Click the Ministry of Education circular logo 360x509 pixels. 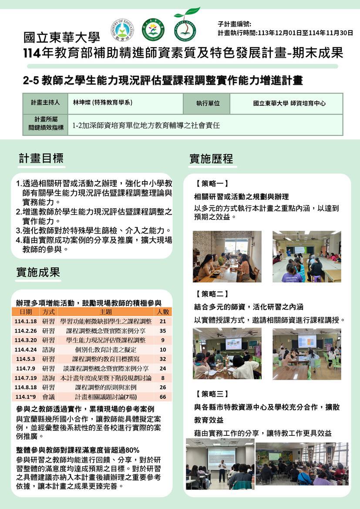click(x=122, y=30)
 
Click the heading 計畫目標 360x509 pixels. click(x=41, y=158)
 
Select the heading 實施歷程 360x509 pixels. click(x=211, y=159)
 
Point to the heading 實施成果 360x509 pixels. click(x=38, y=273)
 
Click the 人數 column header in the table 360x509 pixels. click(x=163, y=312)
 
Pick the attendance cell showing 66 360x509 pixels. click(x=163, y=397)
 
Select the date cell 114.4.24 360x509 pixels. click(x=26, y=350)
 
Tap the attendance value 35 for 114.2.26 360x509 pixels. click(x=163, y=331)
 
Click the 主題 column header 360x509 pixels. click(x=106, y=312)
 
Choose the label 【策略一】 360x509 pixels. click(x=212, y=184)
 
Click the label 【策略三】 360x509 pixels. click(x=212, y=394)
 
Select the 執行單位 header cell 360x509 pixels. click(x=208, y=103)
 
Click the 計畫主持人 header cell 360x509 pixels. click(x=45, y=103)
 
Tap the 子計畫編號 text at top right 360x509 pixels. click(x=234, y=24)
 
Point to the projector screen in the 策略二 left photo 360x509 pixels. click(x=233, y=344)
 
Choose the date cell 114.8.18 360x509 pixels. click(x=26, y=387)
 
